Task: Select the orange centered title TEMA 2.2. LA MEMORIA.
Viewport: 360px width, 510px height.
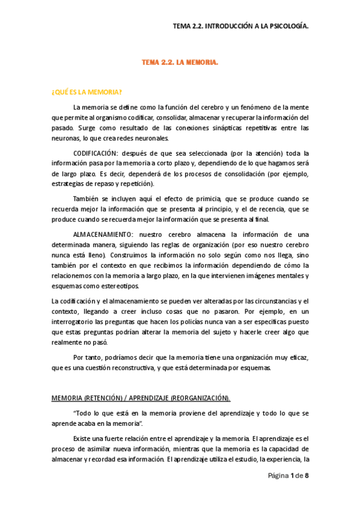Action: (180, 63)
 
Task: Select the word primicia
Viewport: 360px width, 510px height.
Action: (207, 199)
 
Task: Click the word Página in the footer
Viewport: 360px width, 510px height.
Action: (278, 476)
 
